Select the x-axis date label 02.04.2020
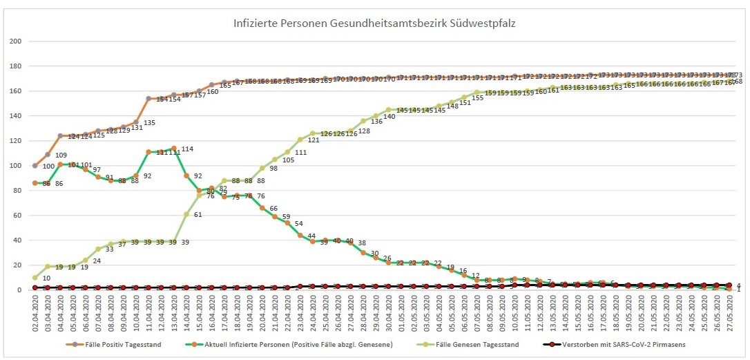(35, 314)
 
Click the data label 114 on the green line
(186, 149)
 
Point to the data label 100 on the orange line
(48, 167)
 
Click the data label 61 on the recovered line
(198, 215)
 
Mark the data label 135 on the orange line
(149, 123)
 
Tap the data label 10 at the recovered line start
(46, 278)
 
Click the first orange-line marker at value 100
(35, 166)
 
